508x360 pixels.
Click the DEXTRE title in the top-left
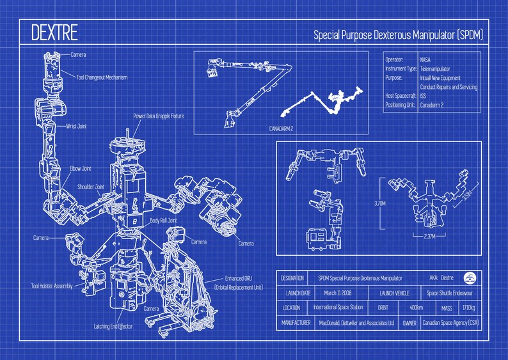tap(54, 31)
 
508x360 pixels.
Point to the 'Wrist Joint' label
tap(75, 127)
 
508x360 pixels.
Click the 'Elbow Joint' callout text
tap(81, 168)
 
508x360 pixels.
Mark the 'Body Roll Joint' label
tap(164, 221)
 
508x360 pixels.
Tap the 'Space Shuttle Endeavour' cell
tap(452, 293)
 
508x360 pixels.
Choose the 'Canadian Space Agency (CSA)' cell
tap(450, 323)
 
